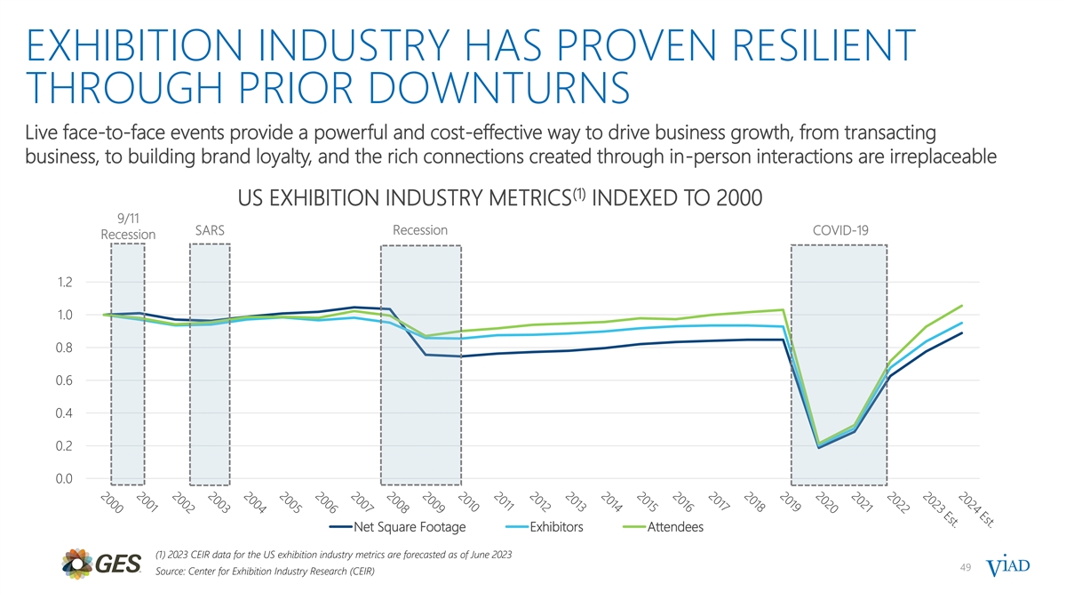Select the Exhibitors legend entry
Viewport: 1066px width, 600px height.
click(x=556, y=528)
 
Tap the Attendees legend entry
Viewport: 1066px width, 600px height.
click(x=675, y=528)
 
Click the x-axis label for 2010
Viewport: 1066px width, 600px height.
click(x=468, y=503)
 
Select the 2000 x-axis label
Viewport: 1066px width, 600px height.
click(x=110, y=503)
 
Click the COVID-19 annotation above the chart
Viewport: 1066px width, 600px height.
click(x=839, y=231)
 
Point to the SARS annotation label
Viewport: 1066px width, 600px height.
click(x=210, y=230)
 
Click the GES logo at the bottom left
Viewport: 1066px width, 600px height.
click(x=100, y=564)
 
